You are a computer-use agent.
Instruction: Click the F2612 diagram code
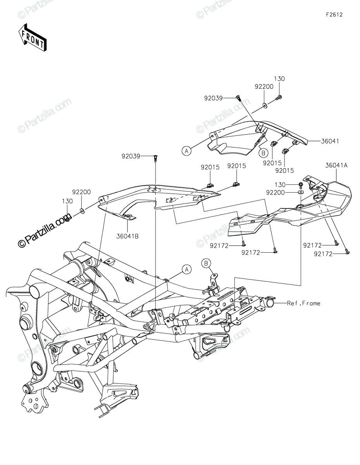coord(334,15)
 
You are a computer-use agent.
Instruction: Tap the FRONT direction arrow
coord(33,38)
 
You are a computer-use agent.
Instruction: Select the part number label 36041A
coord(336,165)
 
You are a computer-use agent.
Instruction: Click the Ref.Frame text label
coord(303,303)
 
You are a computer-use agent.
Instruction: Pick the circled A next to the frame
coord(186,269)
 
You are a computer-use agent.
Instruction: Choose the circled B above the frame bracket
coord(206,263)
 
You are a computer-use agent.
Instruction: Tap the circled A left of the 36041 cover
coord(187,151)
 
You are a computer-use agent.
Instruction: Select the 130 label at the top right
coord(279,79)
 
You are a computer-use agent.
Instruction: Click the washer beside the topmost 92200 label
coord(264,105)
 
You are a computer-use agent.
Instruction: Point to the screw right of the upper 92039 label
coord(238,98)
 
